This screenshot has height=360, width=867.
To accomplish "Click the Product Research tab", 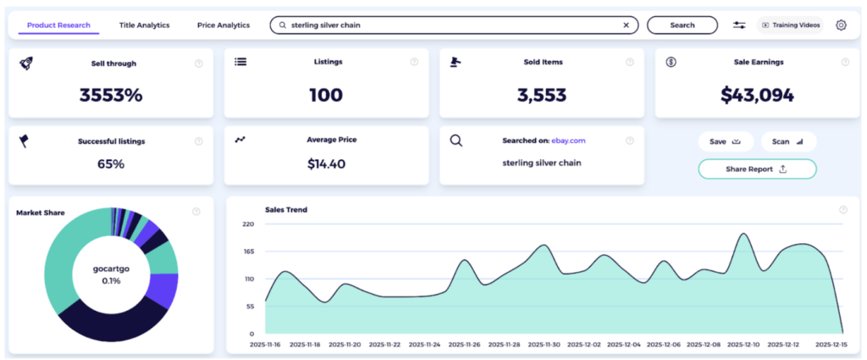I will pyautogui.click(x=58, y=25).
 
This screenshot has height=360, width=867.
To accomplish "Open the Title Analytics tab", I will pyautogui.click(x=144, y=25).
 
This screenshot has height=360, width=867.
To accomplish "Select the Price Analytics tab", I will pyautogui.click(x=224, y=25).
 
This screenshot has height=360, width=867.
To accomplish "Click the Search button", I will pyautogui.click(x=682, y=25).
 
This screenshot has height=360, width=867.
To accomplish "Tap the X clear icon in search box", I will pyautogui.click(x=626, y=25).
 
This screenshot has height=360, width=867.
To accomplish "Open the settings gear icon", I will pyautogui.click(x=841, y=25).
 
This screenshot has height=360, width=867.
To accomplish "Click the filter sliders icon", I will pyautogui.click(x=739, y=25).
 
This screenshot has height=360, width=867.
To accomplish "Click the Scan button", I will pyautogui.click(x=787, y=141).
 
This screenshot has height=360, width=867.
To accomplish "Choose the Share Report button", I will pyautogui.click(x=757, y=169).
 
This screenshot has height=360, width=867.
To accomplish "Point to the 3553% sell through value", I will pyautogui.click(x=111, y=95).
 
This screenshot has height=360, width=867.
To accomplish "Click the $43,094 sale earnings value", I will pyautogui.click(x=757, y=95).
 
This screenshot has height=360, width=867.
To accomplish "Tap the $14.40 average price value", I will pyautogui.click(x=326, y=163).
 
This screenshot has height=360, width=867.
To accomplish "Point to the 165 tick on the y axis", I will pyautogui.click(x=248, y=252).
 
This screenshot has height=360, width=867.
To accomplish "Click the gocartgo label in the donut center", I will pyautogui.click(x=111, y=269).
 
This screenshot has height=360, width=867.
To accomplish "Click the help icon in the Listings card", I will pyautogui.click(x=414, y=62).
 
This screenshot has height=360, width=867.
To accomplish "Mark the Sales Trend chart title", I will pyautogui.click(x=285, y=209).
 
